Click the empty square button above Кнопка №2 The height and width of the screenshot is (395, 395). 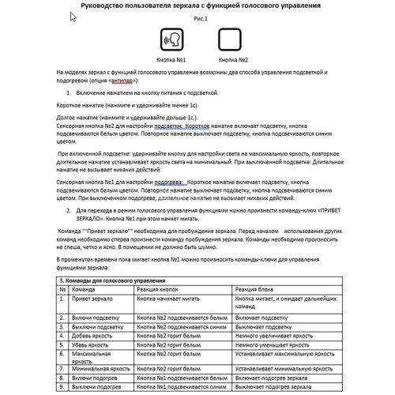[228, 39]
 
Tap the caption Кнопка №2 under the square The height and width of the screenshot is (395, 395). [233, 60]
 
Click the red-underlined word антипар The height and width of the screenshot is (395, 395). [120, 80]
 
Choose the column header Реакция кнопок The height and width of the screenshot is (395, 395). [161, 289]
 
